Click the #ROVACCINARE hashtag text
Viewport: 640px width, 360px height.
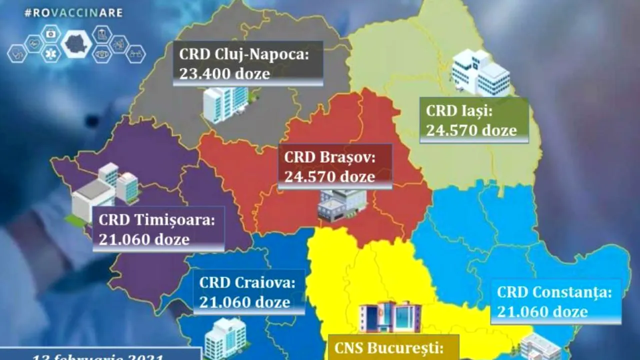tap(73, 13)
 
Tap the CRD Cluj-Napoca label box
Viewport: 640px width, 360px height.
tap(248, 63)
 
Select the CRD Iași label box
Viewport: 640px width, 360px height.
tap(474, 120)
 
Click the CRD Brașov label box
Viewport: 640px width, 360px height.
tap(335, 166)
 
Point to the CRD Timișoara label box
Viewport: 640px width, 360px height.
tap(158, 229)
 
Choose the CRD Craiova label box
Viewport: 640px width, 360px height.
tap(249, 292)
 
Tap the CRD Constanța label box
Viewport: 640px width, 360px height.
tap(555, 301)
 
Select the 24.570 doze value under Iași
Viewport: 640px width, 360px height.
tap(471, 130)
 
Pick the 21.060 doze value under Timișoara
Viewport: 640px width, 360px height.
tap(144, 239)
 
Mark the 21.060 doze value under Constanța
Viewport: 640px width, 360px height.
tap(542, 311)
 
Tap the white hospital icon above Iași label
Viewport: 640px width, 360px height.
tap(480, 72)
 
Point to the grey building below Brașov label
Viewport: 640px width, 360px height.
tap(342, 205)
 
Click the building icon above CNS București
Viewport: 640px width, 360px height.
tap(390, 317)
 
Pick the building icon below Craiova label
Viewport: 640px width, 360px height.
tap(225, 337)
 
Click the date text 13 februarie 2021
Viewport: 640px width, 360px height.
tap(100, 356)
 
